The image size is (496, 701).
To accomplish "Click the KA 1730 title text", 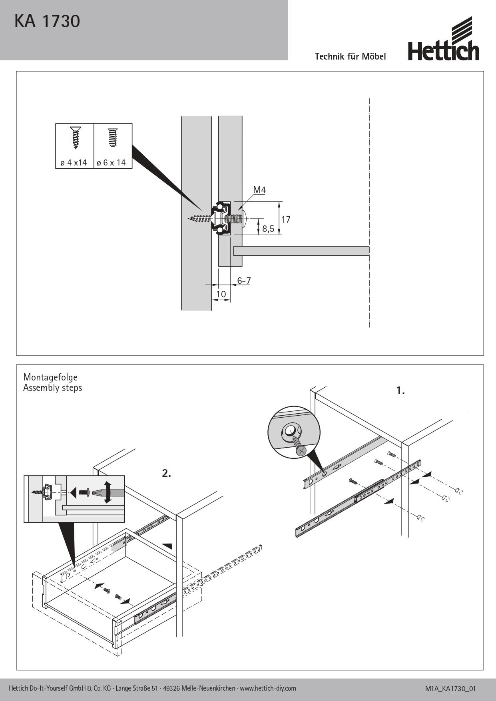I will coord(47,22).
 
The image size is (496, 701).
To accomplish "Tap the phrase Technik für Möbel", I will coord(350,56).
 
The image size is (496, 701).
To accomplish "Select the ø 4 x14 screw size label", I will coord(74,163).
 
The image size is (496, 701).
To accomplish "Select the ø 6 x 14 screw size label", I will coord(111,163).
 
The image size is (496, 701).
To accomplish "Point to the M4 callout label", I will coord(259,190).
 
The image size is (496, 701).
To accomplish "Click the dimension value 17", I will coord(285,219).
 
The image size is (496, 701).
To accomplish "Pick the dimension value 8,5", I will coord(268,229).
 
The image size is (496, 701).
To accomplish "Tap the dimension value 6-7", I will coord(244,281).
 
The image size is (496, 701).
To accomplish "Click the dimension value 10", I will coord(221,295).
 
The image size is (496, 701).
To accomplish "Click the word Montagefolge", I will coord(50,377).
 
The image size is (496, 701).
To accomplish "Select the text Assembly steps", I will coord(52,388).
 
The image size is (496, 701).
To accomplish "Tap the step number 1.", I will coord(400,391).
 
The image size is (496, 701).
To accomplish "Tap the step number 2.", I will coord(166,474).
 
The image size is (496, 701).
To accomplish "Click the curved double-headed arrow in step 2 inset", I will coord(108,492).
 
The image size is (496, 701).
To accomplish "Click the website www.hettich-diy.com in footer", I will coord(268,688).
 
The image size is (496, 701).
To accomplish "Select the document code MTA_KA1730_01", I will coord(450,689).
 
